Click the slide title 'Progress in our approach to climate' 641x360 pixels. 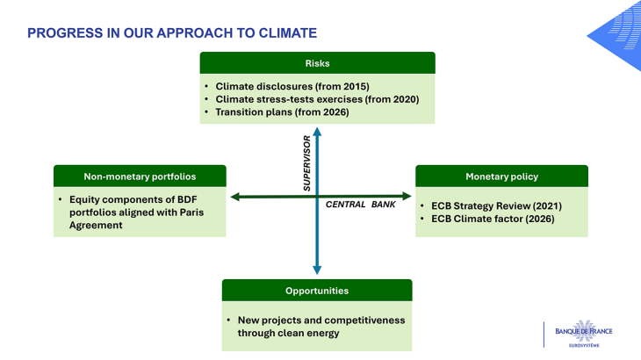click(172, 33)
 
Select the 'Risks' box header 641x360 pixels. click(317, 63)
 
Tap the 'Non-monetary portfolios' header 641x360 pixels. click(140, 176)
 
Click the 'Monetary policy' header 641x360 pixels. click(501, 176)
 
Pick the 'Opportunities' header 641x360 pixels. click(317, 291)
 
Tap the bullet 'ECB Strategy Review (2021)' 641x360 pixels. click(496, 205)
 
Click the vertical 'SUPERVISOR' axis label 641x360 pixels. click(307, 162)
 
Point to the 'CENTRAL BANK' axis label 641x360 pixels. click(361, 205)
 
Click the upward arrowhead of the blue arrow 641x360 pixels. click(317, 132)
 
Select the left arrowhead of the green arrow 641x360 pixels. click(236, 196)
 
